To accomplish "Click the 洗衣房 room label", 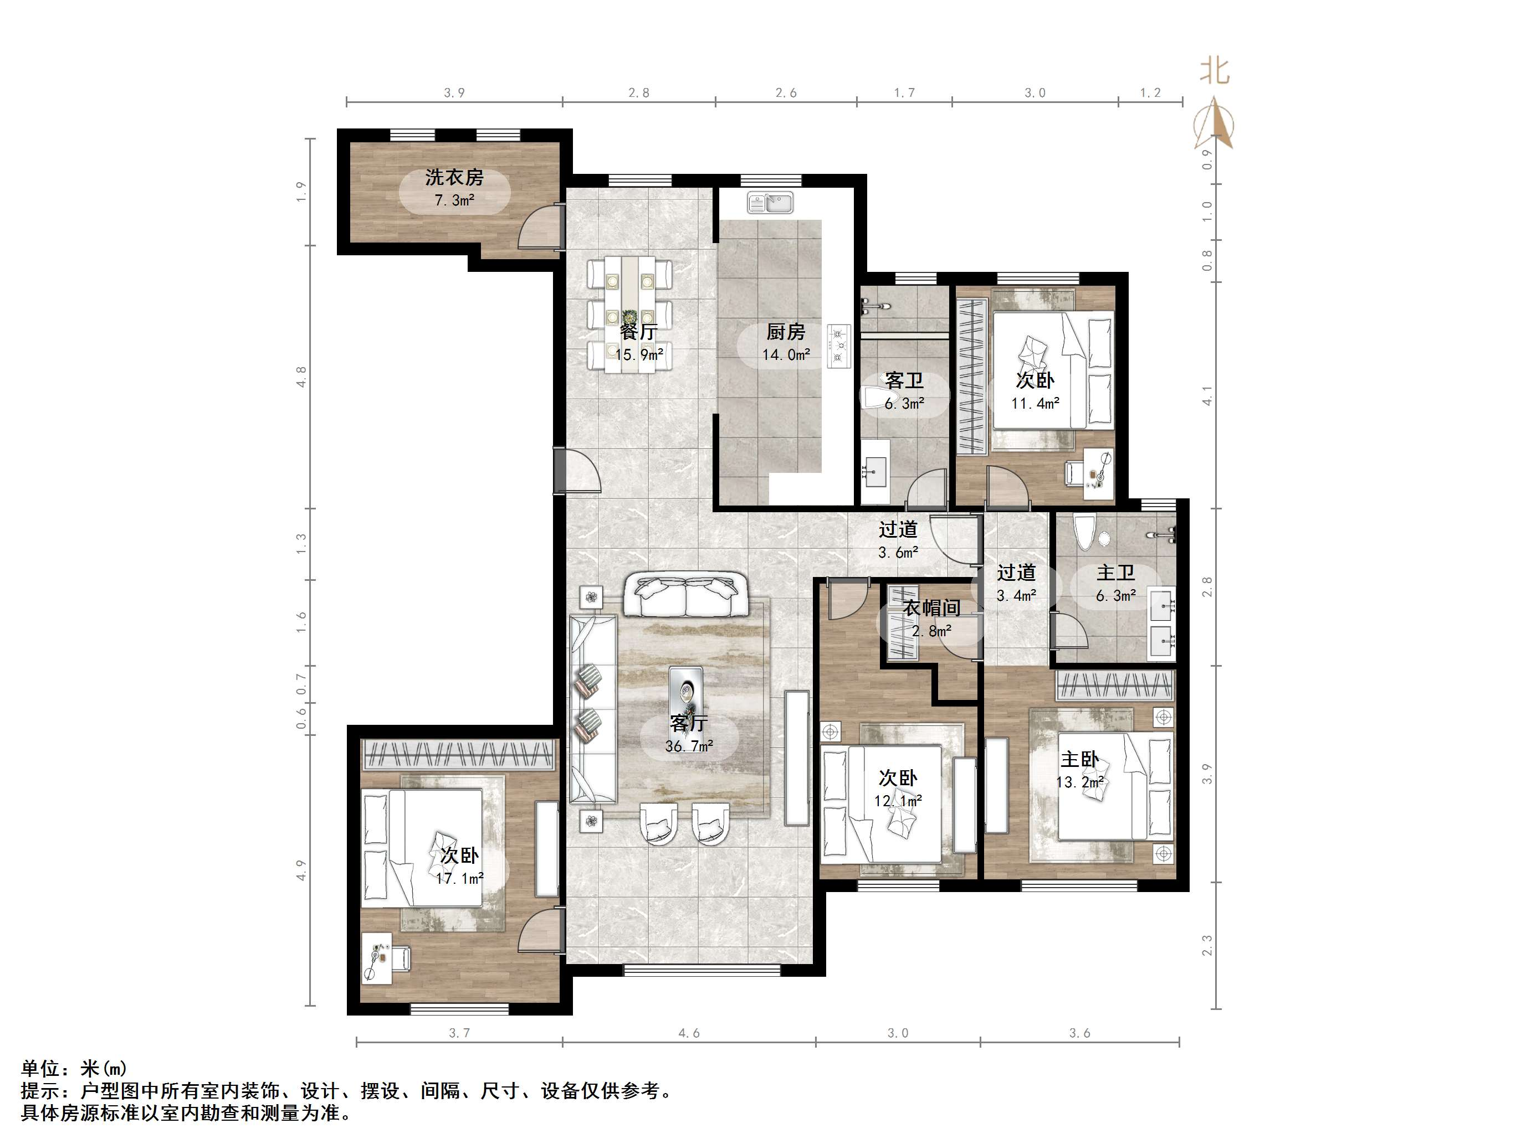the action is click(x=454, y=177).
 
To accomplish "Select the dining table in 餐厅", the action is click(x=630, y=315).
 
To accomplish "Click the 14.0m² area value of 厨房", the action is click(x=786, y=355).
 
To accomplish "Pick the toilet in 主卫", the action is click(x=1084, y=532).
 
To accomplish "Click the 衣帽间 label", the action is click(x=932, y=608).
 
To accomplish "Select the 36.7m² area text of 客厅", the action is click(x=689, y=746).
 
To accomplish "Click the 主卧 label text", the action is click(x=1079, y=759).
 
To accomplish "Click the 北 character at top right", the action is click(x=1214, y=70).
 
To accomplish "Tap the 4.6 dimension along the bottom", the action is click(x=689, y=1033).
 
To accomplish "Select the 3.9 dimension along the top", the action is click(x=454, y=93).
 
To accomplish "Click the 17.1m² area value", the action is click(x=459, y=879).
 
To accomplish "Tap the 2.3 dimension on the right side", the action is click(x=1207, y=945).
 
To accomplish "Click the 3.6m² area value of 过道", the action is click(x=898, y=553).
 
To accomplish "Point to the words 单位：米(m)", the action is click(x=74, y=1069).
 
